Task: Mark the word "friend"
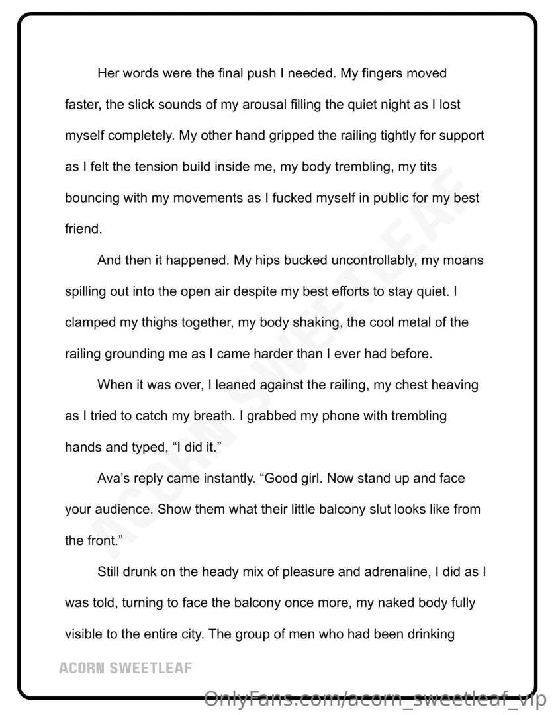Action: (x=83, y=229)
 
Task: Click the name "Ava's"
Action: (x=113, y=478)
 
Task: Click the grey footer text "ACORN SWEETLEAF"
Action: (x=125, y=667)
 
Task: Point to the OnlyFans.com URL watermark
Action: (x=375, y=698)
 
